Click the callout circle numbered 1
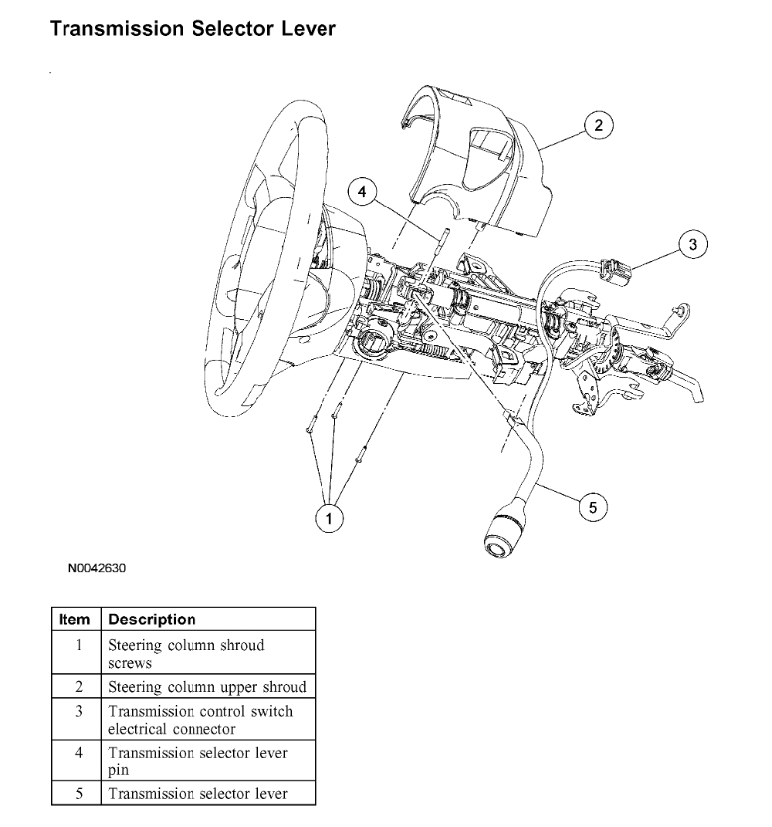click(329, 516)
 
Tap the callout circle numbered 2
click(598, 125)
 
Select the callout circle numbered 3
click(694, 242)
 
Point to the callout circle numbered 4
click(364, 191)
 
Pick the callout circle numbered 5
click(593, 507)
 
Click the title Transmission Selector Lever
click(193, 29)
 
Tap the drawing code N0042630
click(98, 570)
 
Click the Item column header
click(74, 620)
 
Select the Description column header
click(152, 620)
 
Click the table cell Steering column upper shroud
click(206, 687)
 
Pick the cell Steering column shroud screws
click(187, 653)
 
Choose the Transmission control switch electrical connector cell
click(200, 720)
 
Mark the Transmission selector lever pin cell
click(197, 760)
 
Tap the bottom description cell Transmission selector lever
click(197, 793)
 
